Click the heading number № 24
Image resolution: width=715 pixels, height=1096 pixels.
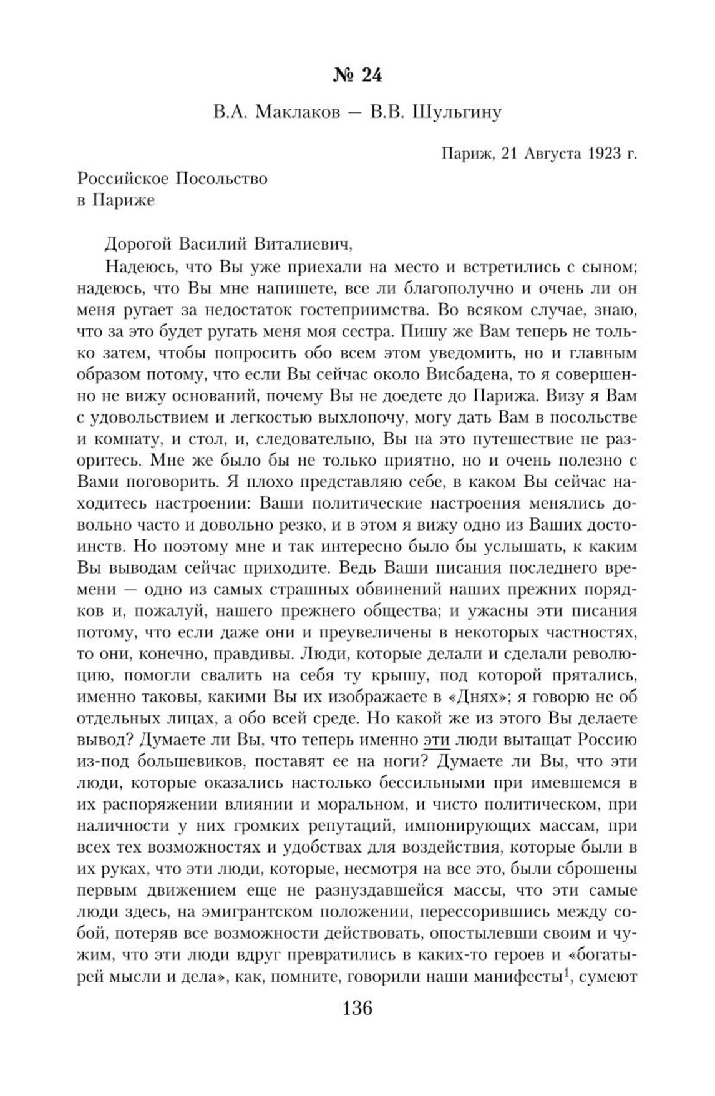pos(357,76)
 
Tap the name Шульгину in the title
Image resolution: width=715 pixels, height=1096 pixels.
pos(458,113)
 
